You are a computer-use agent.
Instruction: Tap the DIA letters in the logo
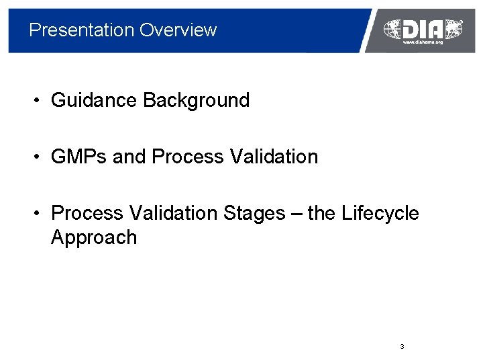point(423,29)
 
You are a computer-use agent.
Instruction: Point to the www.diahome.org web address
point(423,42)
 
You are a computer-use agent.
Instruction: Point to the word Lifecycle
point(380,214)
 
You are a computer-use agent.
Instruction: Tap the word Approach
point(94,238)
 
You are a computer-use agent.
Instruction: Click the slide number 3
point(401,347)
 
